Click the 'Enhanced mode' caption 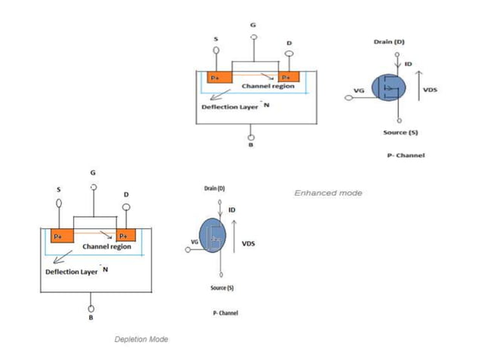point(328,193)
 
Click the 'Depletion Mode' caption point(141,339)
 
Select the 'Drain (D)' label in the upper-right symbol point(389,42)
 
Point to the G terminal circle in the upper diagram point(253,36)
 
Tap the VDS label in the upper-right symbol point(430,90)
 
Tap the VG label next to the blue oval point(195,242)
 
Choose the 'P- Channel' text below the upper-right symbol point(411,155)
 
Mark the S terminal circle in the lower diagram point(58,203)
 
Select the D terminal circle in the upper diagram point(289,54)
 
